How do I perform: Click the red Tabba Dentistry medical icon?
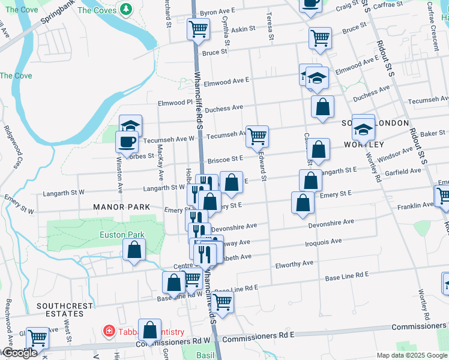[109, 331]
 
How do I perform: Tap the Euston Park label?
[115, 235]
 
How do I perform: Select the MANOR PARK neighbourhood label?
[118, 207]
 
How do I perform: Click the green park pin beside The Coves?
[126, 10]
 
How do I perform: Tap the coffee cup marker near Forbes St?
[127, 143]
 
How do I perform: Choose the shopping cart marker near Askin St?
[197, 28]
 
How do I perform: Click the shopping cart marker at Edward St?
[257, 136]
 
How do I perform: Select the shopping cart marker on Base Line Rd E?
[222, 302]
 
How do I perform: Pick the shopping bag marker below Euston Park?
[134, 249]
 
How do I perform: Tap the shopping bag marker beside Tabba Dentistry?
[149, 329]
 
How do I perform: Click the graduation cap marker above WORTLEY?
[363, 129]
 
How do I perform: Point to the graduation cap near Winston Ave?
[130, 125]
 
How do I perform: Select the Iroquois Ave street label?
[324, 241]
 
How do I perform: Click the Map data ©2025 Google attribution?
[412, 355]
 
